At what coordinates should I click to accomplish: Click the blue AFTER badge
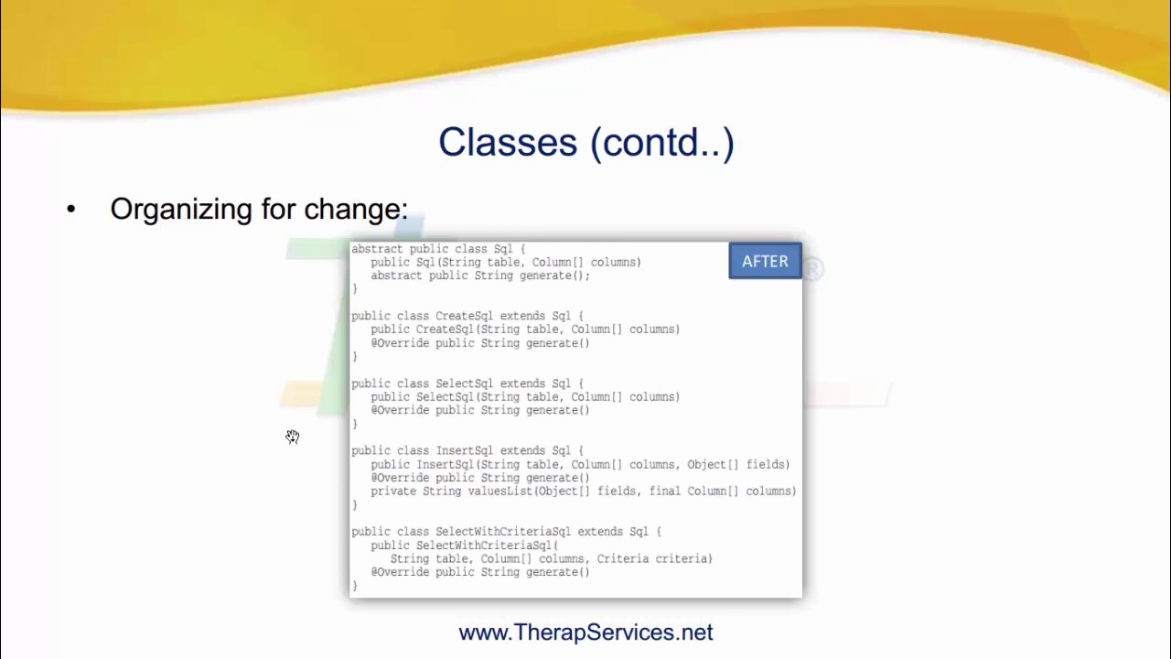pyautogui.click(x=765, y=262)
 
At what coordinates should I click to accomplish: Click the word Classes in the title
pyautogui.click(x=508, y=143)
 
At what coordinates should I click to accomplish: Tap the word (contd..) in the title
pyautogui.click(x=662, y=143)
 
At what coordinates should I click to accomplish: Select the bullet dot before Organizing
pyautogui.click(x=71, y=210)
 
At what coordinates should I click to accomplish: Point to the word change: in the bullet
pyautogui.click(x=356, y=210)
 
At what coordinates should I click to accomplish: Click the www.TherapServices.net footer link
pyautogui.click(x=585, y=632)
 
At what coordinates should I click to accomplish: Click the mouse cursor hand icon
pyautogui.click(x=292, y=437)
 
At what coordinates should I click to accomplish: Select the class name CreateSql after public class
pyautogui.click(x=464, y=316)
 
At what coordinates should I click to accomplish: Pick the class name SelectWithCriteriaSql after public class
pyautogui.click(x=503, y=532)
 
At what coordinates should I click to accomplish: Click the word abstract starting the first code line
pyautogui.click(x=377, y=249)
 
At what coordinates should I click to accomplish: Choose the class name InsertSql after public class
pyautogui.click(x=464, y=451)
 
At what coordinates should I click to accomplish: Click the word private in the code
pyautogui.click(x=393, y=492)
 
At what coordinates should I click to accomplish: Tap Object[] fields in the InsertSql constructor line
pyautogui.click(x=738, y=465)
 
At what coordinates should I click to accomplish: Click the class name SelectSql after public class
pyautogui.click(x=464, y=384)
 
